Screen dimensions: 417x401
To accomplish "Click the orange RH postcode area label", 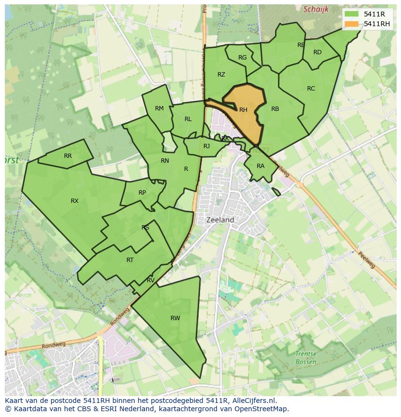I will coord(243,110).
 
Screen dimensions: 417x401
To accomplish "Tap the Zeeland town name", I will coord(220,219).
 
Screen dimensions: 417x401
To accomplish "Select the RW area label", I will coord(175,318).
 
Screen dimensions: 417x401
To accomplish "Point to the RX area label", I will coord(75,201).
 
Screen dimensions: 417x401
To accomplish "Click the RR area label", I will coord(68,156).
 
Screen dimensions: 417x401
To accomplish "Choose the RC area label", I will coord(311,89).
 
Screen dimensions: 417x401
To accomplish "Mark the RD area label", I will coord(317,52).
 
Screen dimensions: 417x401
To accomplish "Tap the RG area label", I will coord(243,58).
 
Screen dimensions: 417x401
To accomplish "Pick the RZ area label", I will coord(221,75).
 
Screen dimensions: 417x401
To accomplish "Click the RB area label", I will coord(275,109).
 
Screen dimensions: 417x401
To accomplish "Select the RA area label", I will coord(261,166).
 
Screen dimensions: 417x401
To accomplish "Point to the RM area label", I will coord(159,108).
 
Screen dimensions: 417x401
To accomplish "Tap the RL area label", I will coord(188,119).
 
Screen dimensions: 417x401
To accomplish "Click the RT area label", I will coord(130,260).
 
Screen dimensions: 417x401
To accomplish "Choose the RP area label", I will coord(142,193).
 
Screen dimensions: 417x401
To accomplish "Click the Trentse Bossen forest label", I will coord(306,358).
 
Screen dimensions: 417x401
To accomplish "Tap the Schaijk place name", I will coord(316,9).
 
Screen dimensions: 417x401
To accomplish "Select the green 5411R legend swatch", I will coord(352,14).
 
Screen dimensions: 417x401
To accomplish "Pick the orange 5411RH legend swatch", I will coord(352,24).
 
